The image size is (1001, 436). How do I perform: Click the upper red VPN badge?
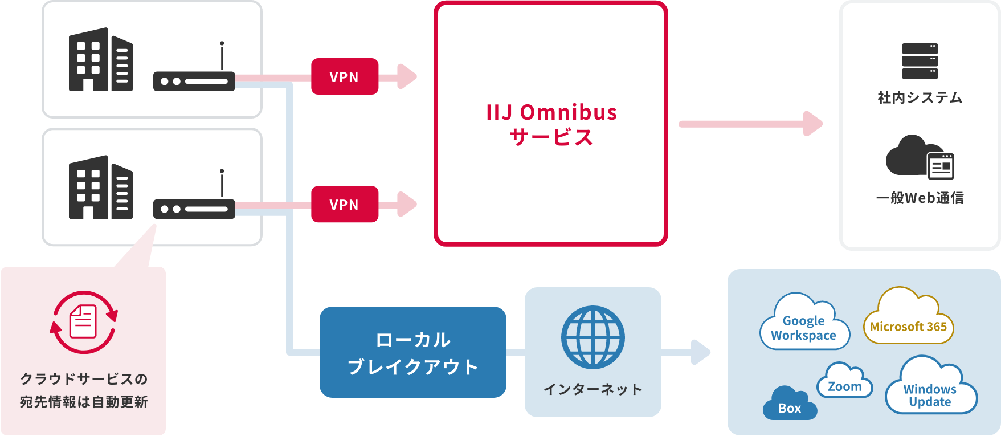tap(345, 76)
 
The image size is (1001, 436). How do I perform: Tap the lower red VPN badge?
tap(345, 204)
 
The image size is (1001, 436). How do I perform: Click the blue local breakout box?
tap(412, 352)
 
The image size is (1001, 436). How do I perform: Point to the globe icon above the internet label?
tap(593, 337)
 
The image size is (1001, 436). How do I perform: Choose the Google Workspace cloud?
tap(804, 323)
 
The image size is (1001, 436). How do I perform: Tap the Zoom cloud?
tap(844, 382)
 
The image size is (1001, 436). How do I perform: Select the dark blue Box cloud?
tap(789, 404)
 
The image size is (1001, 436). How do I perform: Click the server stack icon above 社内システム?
tap(920, 61)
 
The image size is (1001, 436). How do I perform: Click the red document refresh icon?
tap(84, 322)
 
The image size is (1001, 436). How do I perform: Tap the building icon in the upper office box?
tap(100, 60)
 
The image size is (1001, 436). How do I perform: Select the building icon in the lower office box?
tap(100, 188)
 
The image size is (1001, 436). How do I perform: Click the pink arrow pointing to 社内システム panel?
tap(750, 124)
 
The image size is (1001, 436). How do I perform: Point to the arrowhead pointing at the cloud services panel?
tap(700, 352)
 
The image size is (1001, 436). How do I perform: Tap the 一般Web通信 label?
tap(920, 198)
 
